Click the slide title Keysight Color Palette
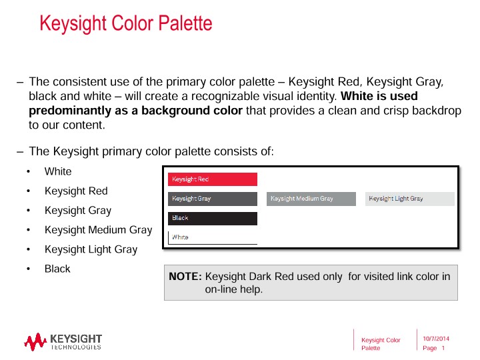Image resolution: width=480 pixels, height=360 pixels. pyautogui.click(x=126, y=24)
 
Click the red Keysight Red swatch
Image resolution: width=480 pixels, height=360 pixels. pyautogui.click(x=212, y=179)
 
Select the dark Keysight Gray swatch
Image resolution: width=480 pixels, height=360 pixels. pyautogui.click(x=212, y=199)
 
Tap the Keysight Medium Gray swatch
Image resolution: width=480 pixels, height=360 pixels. pyautogui.click(x=311, y=199)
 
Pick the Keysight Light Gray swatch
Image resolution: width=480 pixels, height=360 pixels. pyautogui.click(x=409, y=199)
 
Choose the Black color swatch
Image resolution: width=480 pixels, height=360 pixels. pyautogui.click(x=212, y=218)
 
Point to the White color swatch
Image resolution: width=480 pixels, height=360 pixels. pyautogui.click(x=212, y=237)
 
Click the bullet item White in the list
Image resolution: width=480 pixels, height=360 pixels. pyautogui.click(x=58, y=171)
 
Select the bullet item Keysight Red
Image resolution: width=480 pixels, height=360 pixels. pyautogui.click(x=76, y=191)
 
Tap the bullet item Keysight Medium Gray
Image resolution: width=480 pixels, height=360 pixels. pyautogui.click(x=98, y=230)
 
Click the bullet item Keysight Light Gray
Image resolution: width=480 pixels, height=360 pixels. pyautogui.click(x=91, y=249)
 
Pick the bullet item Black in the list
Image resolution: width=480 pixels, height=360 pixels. pyautogui.click(x=57, y=269)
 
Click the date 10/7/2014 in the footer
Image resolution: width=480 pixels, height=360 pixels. pyautogui.click(x=436, y=339)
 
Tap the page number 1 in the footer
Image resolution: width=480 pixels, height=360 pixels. pyautogui.click(x=443, y=349)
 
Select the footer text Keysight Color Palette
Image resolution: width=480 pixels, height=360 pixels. pyautogui.click(x=381, y=344)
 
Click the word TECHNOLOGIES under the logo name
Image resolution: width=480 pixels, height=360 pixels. pyautogui.click(x=76, y=347)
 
